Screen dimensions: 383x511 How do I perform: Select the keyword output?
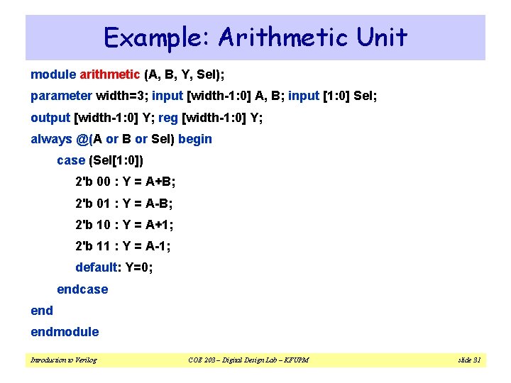pyautogui.click(x=50, y=118)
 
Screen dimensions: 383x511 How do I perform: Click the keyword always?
pyautogui.click(x=51, y=139)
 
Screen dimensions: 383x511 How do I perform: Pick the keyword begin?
pyautogui.click(x=195, y=139)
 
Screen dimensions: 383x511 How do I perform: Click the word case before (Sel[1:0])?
pyautogui.click(x=71, y=160)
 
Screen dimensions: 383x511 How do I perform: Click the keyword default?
pyautogui.click(x=97, y=267)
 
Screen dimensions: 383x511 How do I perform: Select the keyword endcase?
pyautogui.click(x=82, y=289)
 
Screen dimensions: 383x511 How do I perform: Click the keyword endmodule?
pyautogui.click(x=65, y=332)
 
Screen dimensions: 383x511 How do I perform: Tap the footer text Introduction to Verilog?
pyautogui.click(x=64, y=360)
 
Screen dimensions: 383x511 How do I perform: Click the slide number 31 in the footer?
pyautogui.click(x=475, y=360)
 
